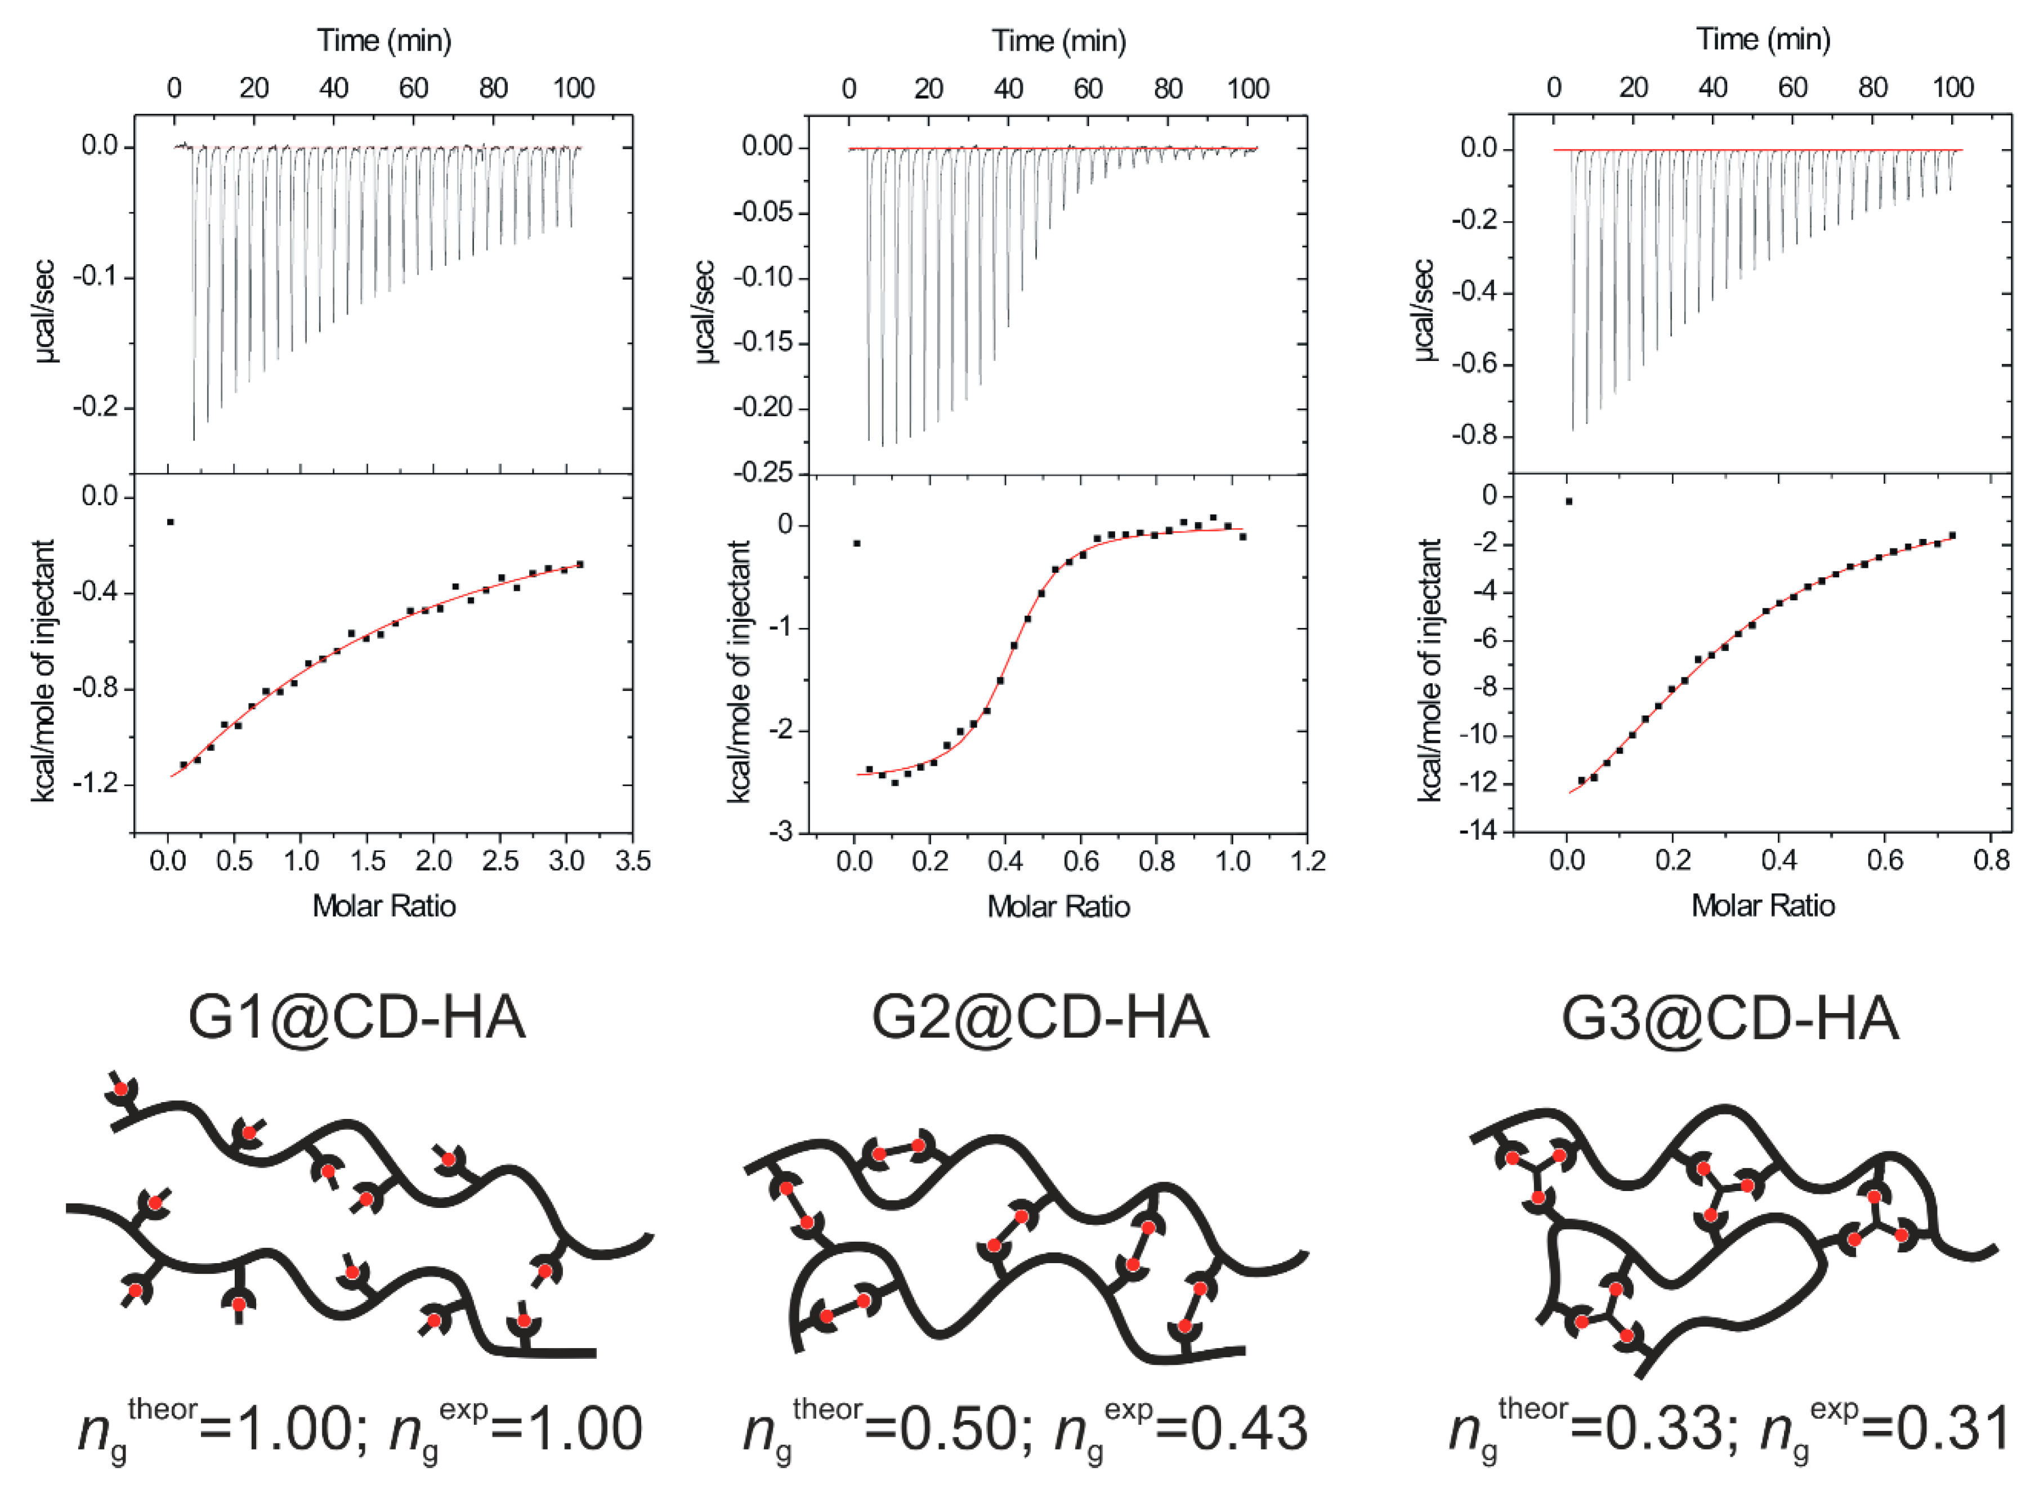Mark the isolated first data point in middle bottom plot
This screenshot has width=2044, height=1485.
[856, 543]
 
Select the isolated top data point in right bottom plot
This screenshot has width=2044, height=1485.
[1569, 501]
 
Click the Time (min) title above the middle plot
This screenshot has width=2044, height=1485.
[1059, 41]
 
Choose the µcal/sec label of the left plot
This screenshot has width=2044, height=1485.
[45, 311]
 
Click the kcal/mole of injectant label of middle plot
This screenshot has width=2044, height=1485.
[739, 672]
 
